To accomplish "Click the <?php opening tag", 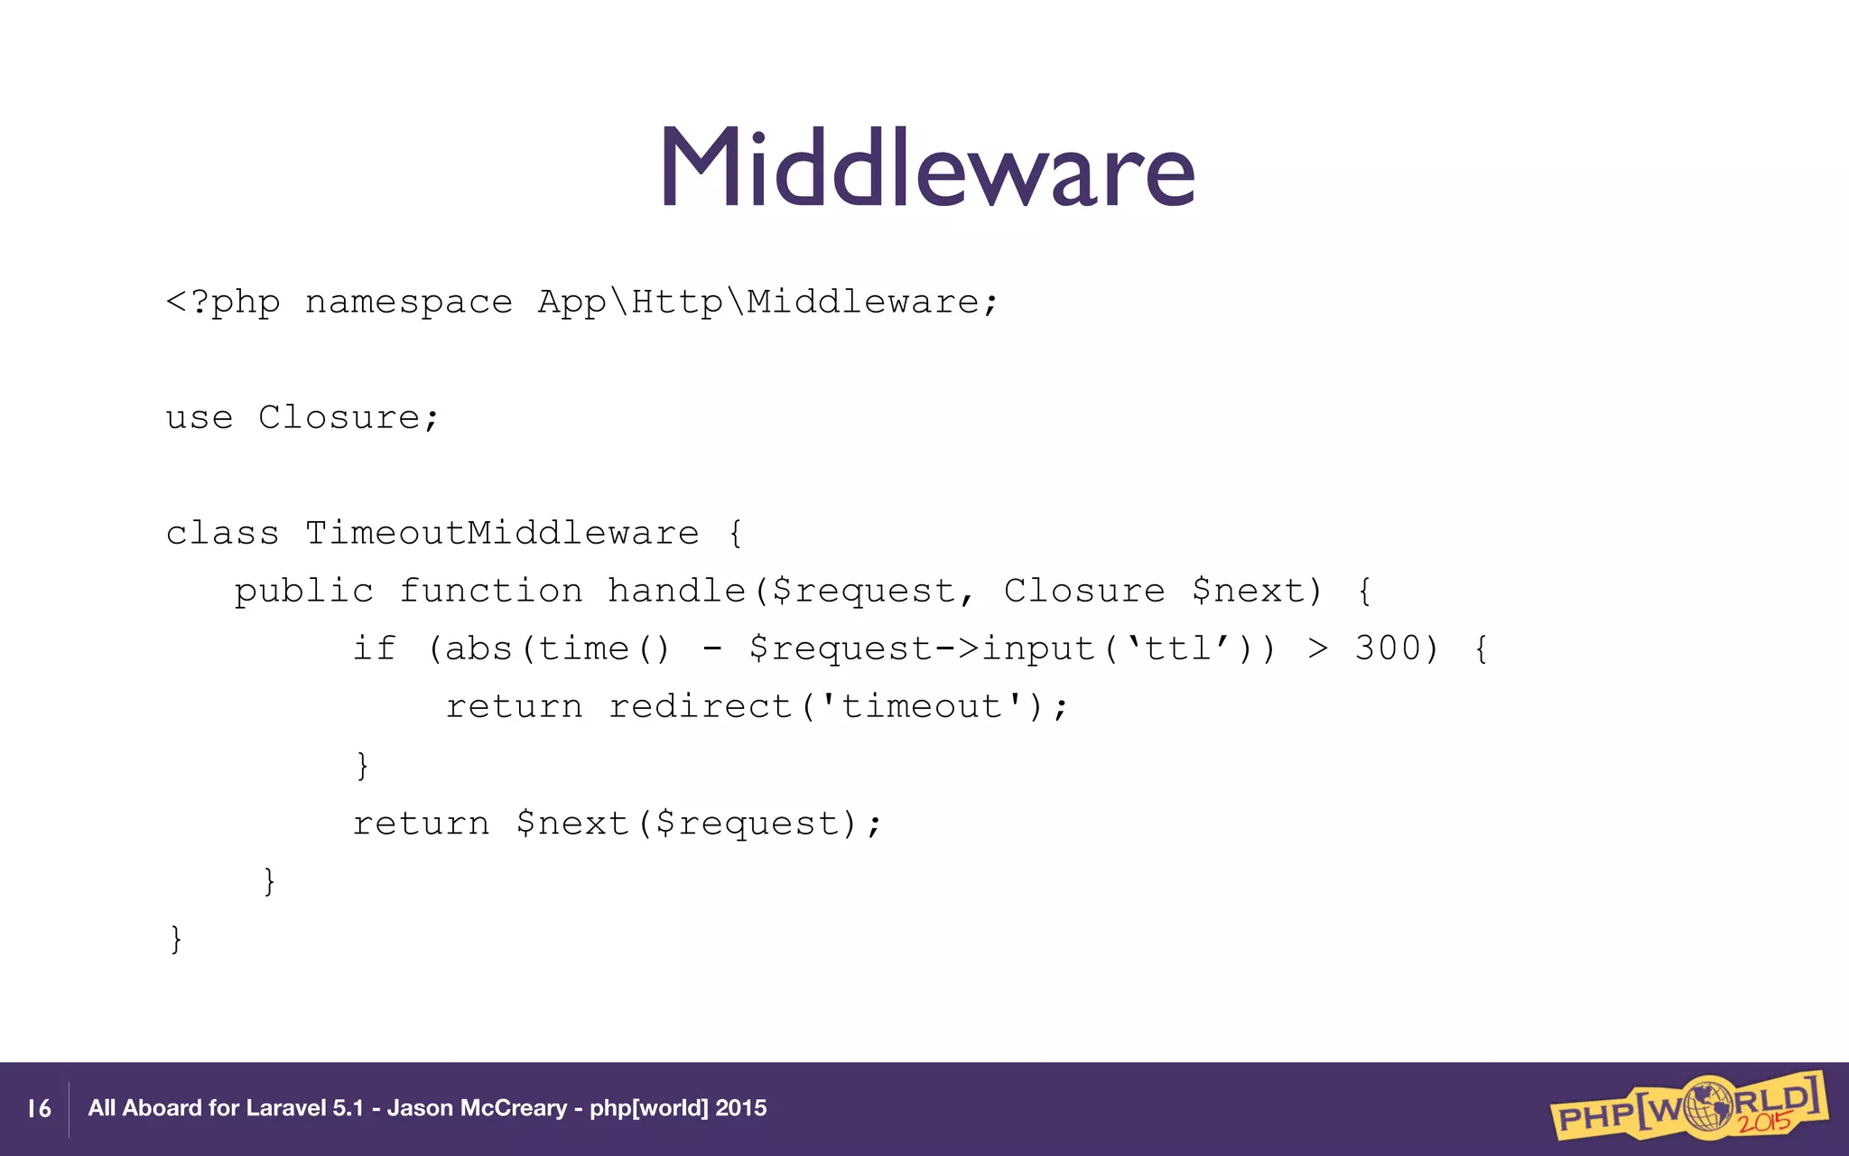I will click(223, 303).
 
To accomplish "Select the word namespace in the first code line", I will click(408, 303).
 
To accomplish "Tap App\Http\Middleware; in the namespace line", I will click(768, 303).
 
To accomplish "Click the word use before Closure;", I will click(199, 418).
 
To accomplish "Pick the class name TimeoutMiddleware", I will click(502, 534).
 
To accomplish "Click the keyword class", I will click(222, 534).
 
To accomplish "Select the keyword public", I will click(303, 592).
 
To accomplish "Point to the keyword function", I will click(490, 592).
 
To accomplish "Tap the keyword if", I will click(374, 649).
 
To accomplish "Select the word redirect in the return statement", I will click(700, 707).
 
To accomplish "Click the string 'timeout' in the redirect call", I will click(920, 707).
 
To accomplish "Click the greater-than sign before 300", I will click(1318, 649).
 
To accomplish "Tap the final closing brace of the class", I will click(176, 939).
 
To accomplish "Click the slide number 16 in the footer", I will click(39, 1109).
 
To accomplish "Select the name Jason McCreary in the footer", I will click(477, 1109).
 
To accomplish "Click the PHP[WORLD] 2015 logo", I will click(1688, 1107).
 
